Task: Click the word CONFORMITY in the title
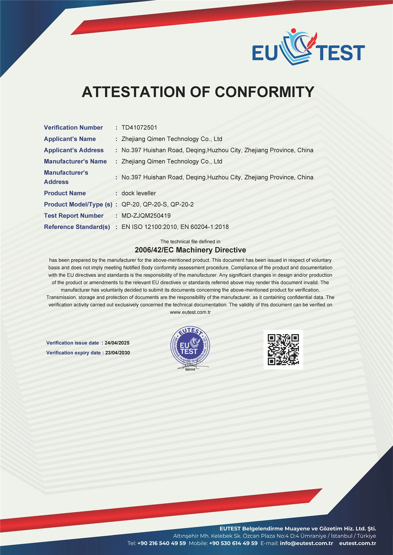point(265,92)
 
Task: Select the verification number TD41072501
point(139,128)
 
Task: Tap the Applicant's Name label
point(70,139)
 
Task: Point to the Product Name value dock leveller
point(139,193)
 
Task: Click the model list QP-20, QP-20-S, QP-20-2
point(157,205)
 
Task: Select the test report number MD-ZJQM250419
point(146,216)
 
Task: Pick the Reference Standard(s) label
point(77,227)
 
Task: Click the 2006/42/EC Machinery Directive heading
point(190,250)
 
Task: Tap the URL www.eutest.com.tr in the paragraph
point(190,312)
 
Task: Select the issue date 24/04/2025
point(117,343)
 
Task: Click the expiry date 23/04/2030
point(117,353)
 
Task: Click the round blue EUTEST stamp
point(190,346)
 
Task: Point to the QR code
point(283,350)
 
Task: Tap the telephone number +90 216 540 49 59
point(161,543)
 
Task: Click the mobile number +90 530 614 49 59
point(233,543)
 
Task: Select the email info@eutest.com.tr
point(306,543)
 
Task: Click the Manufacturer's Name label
point(75,161)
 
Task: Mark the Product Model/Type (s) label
point(78,205)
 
